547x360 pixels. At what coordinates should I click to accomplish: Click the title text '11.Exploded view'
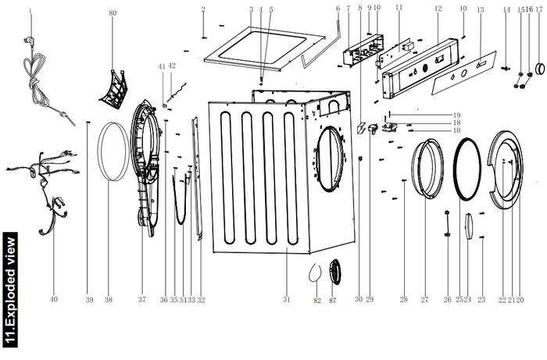[x=10, y=289]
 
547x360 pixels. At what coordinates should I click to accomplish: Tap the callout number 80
[x=113, y=13]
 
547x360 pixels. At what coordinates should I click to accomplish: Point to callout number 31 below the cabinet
[x=286, y=300]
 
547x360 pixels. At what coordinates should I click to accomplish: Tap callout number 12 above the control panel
[x=438, y=9]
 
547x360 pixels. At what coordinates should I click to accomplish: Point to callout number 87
[x=334, y=300]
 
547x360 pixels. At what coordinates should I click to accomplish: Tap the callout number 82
[x=316, y=300]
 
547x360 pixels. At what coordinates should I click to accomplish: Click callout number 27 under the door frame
[x=425, y=300]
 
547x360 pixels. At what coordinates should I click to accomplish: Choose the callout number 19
[x=456, y=115]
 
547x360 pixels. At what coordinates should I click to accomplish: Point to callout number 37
[x=141, y=300]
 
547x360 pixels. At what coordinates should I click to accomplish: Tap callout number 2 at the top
[x=203, y=9]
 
